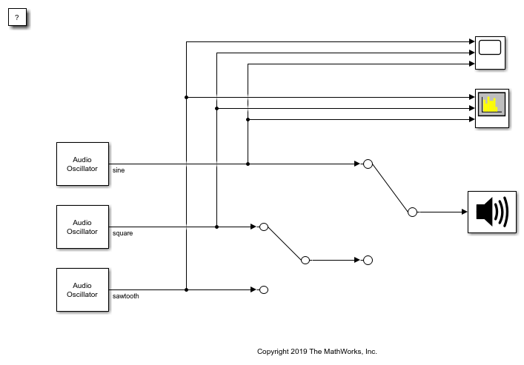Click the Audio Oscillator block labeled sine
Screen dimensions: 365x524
pyautogui.click(x=82, y=164)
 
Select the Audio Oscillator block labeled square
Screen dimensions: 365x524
pyautogui.click(x=82, y=227)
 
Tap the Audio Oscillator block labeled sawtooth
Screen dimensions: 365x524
pyautogui.click(x=82, y=289)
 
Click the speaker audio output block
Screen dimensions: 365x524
pyautogui.click(x=491, y=212)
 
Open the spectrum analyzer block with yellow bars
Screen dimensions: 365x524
pyautogui.click(x=491, y=108)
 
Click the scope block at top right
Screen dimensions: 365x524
pyautogui.click(x=490, y=53)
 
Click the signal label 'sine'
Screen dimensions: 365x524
pyautogui.click(x=119, y=170)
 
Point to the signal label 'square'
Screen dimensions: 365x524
pyautogui.click(x=122, y=233)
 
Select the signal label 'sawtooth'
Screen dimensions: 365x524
pyautogui.click(x=125, y=296)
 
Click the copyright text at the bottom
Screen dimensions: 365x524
pyautogui.click(x=316, y=352)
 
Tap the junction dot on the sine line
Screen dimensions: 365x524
pyautogui.click(x=248, y=164)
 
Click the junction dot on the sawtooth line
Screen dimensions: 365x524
pyautogui.click(x=186, y=289)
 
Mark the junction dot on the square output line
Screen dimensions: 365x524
pyautogui.click(x=216, y=227)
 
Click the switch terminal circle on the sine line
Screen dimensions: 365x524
pyautogui.click(x=368, y=164)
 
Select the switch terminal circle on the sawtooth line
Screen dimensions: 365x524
pyautogui.click(x=263, y=289)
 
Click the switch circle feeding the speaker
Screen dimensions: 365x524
pyautogui.click(x=412, y=212)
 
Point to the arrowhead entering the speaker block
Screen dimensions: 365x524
pyautogui.click(x=464, y=212)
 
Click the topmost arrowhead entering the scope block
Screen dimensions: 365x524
pyautogui.click(x=471, y=42)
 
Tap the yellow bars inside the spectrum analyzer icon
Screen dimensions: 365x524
pyautogui.click(x=488, y=105)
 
